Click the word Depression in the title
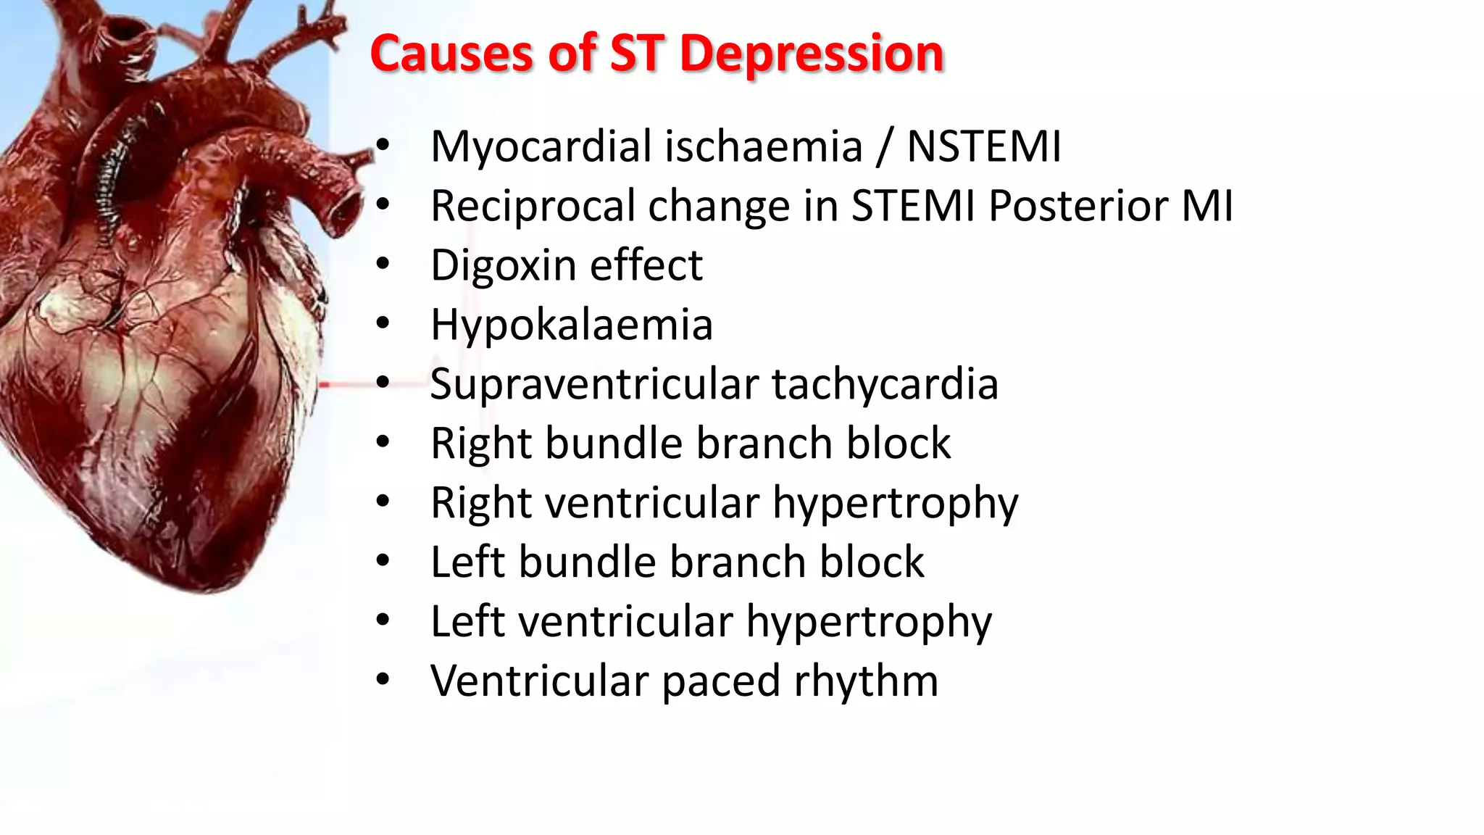[812, 54]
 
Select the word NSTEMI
[984, 146]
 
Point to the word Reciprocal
[533, 206]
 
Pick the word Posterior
[1079, 206]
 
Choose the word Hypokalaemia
[572, 325]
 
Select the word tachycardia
[885, 384]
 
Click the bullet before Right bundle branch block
[383, 441]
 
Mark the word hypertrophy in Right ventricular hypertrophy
[895, 503]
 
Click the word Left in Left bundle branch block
[468, 562]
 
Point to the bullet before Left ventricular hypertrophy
[383, 620]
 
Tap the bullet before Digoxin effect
[383, 263]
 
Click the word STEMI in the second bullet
[913, 206]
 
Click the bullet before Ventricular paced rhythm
[383, 679]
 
